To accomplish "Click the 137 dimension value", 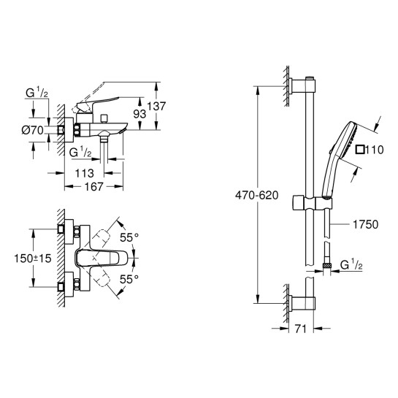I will coord(158,107).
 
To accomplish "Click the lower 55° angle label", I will coord(130,279).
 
